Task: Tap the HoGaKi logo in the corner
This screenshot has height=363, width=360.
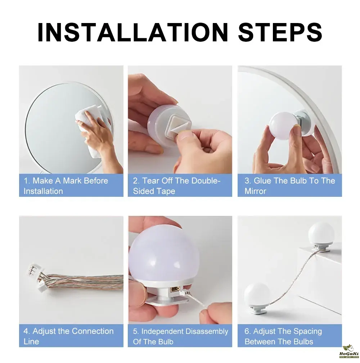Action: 349,351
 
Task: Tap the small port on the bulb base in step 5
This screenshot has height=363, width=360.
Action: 175,290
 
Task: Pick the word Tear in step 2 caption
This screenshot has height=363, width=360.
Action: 150,181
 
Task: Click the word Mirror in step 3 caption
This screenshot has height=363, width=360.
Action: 255,191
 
